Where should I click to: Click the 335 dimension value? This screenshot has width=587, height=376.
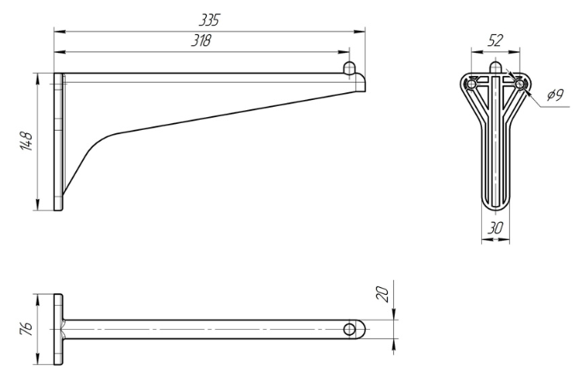(208, 20)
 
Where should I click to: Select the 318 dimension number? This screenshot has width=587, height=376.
(201, 40)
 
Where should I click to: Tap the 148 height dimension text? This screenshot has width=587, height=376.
(26, 142)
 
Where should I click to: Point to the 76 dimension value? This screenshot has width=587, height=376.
(27, 328)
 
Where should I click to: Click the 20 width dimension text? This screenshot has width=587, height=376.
(382, 294)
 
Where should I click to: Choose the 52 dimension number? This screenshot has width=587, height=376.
(495, 40)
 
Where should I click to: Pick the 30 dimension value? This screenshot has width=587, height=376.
(495, 227)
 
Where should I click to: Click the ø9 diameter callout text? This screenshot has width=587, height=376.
(555, 95)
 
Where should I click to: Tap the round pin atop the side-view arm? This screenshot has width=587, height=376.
(349, 68)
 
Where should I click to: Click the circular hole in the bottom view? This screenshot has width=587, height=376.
(349, 330)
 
